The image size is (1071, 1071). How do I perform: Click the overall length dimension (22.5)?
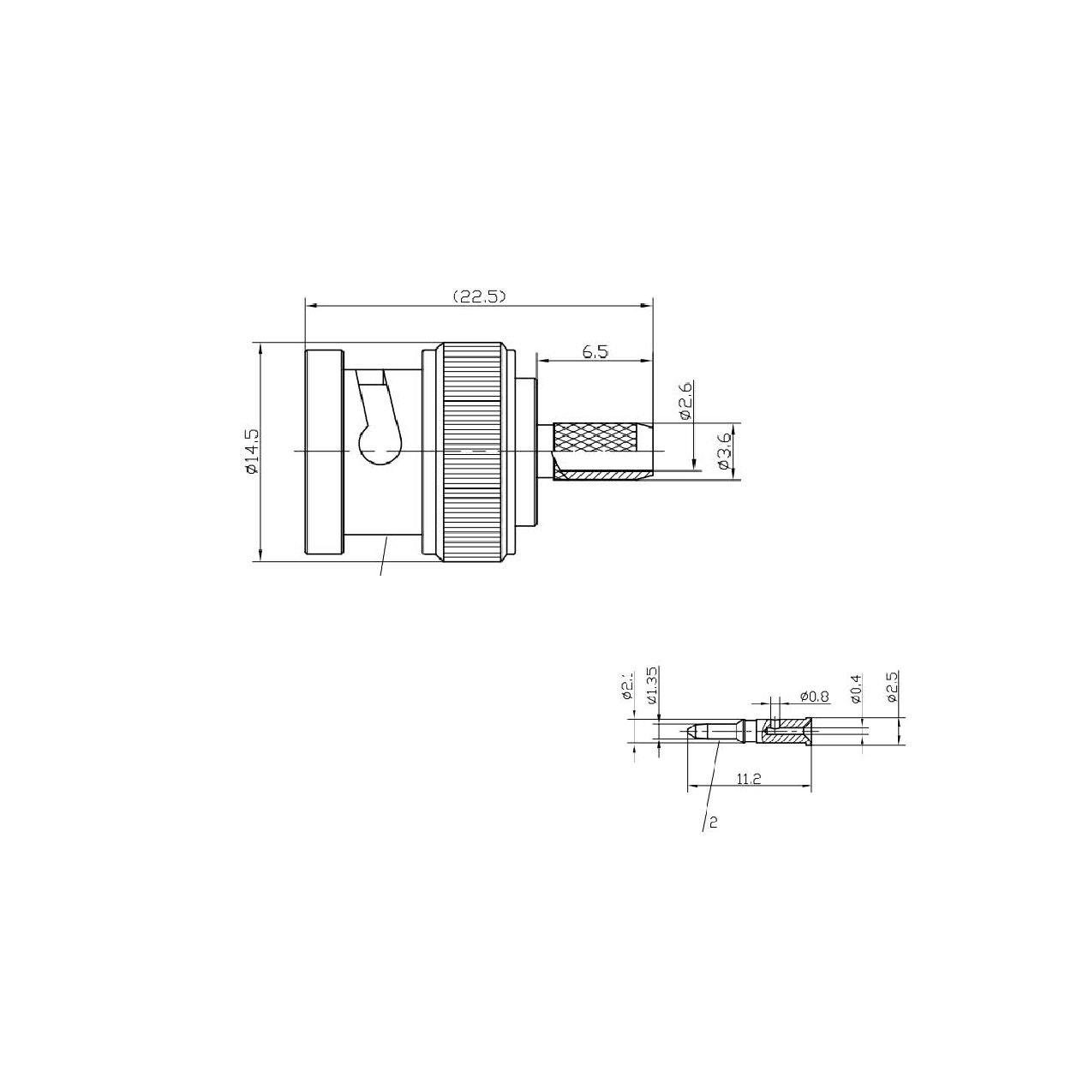coord(480,296)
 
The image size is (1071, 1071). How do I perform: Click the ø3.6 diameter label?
coord(724,451)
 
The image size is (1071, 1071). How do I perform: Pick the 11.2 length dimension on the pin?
coord(748,778)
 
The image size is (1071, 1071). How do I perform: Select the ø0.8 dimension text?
coord(813,696)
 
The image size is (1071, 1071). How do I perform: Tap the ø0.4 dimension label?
coord(855,689)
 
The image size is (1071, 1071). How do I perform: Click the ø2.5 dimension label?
coord(892,687)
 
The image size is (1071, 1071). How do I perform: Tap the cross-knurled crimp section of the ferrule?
coord(596,440)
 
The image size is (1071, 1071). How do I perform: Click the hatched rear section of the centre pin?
coord(786,731)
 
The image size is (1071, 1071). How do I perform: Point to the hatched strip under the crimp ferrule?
coord(604,476)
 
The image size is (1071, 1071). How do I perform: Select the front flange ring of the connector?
coord(324,452)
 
